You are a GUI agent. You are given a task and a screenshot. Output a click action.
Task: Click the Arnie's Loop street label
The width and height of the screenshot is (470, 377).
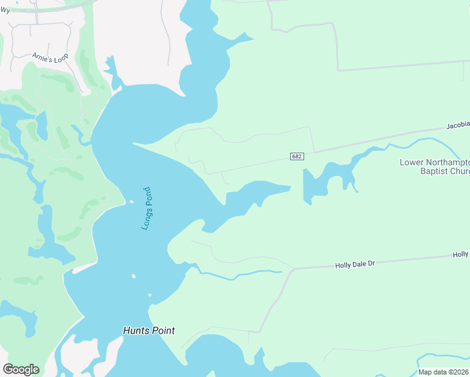[50, 56]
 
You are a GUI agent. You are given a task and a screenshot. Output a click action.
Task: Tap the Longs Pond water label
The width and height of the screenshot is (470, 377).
[146, 208]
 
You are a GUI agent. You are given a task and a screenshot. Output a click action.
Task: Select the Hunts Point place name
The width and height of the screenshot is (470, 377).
[149, 331]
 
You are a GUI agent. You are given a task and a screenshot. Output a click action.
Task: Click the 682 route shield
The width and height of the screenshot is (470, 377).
[297, 156]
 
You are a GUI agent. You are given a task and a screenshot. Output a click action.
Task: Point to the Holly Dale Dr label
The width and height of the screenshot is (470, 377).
[354, 265]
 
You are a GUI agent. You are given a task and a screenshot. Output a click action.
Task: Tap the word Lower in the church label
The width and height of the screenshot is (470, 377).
[412, 162]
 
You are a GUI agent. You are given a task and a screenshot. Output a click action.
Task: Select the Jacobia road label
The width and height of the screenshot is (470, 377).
[457, 126]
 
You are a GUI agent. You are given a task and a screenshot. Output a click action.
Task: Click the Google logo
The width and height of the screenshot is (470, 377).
[21, 369]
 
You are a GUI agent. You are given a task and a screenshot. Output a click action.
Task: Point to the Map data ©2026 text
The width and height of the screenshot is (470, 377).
[443, 372]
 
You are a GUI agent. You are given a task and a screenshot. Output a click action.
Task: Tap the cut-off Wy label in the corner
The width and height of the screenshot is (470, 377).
[4, 10]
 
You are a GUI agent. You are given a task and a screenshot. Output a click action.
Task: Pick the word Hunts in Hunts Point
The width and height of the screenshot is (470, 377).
[135, 331]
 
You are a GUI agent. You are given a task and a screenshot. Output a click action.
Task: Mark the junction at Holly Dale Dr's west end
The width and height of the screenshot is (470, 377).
[294, 269]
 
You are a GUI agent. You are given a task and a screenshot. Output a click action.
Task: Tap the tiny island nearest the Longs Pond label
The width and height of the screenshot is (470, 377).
[131, 202]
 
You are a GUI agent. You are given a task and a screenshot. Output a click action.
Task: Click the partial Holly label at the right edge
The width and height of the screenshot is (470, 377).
[461, 254]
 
